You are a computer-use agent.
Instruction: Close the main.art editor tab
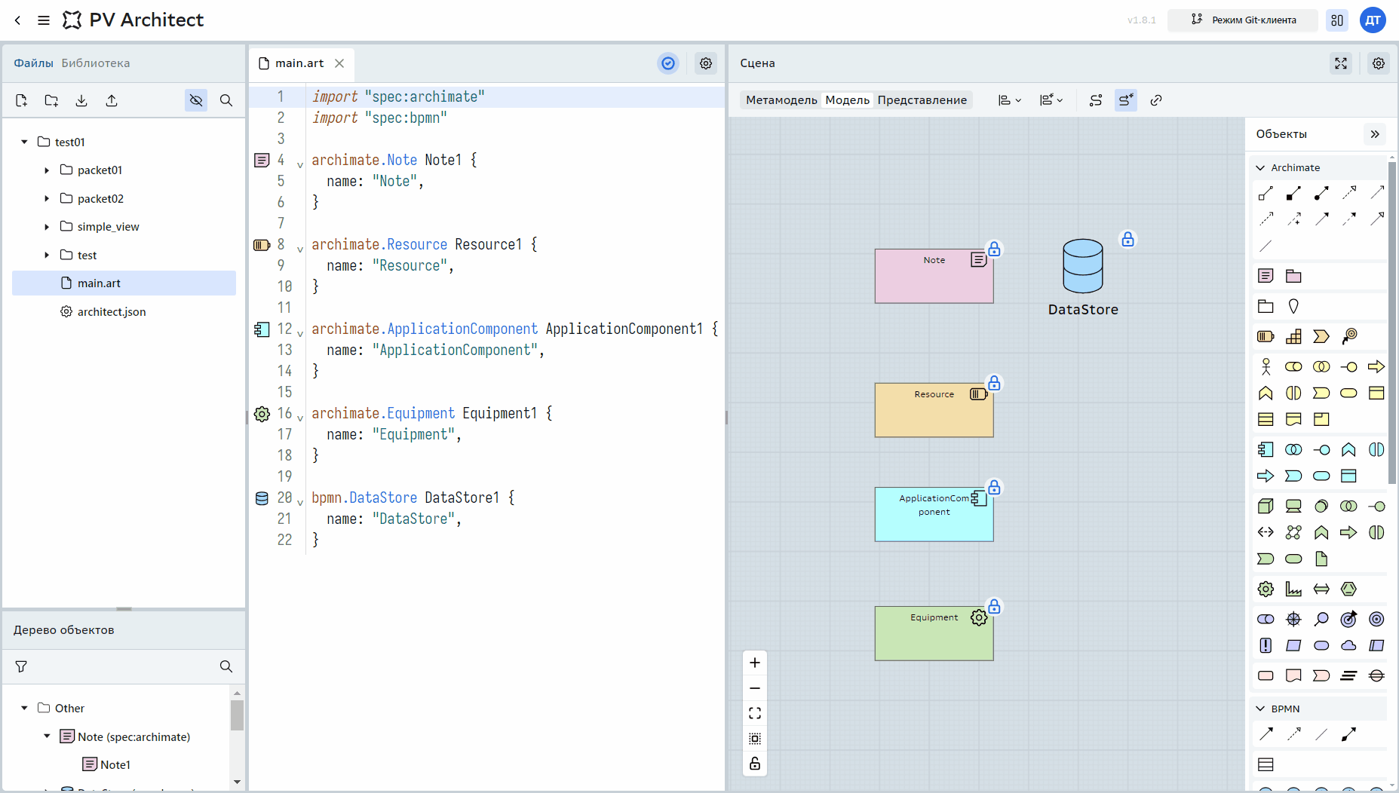pos(339,63)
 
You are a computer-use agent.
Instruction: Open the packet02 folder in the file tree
pos(100,198)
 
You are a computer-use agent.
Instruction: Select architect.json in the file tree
pos(112,311)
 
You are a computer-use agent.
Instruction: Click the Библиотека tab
pos(96,63)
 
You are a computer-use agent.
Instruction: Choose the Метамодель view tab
pos(781,100)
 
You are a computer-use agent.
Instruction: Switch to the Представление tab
pos(922,100)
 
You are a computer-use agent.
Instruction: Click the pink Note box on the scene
pos(934,276)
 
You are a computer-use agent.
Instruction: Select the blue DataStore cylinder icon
pos(1083,265)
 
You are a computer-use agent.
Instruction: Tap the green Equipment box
pos(934,633)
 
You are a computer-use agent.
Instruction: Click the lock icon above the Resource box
pos(994,383)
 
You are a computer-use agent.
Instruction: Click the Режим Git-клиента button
pos(1243,20)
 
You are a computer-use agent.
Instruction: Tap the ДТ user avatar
pos(1373,20)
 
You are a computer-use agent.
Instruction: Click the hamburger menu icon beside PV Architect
pos(44,20)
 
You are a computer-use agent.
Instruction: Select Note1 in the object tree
pos(115,764)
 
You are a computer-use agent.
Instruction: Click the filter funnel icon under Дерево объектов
pos(21,666)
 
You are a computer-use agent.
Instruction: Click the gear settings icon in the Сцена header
pos(1378,63)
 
